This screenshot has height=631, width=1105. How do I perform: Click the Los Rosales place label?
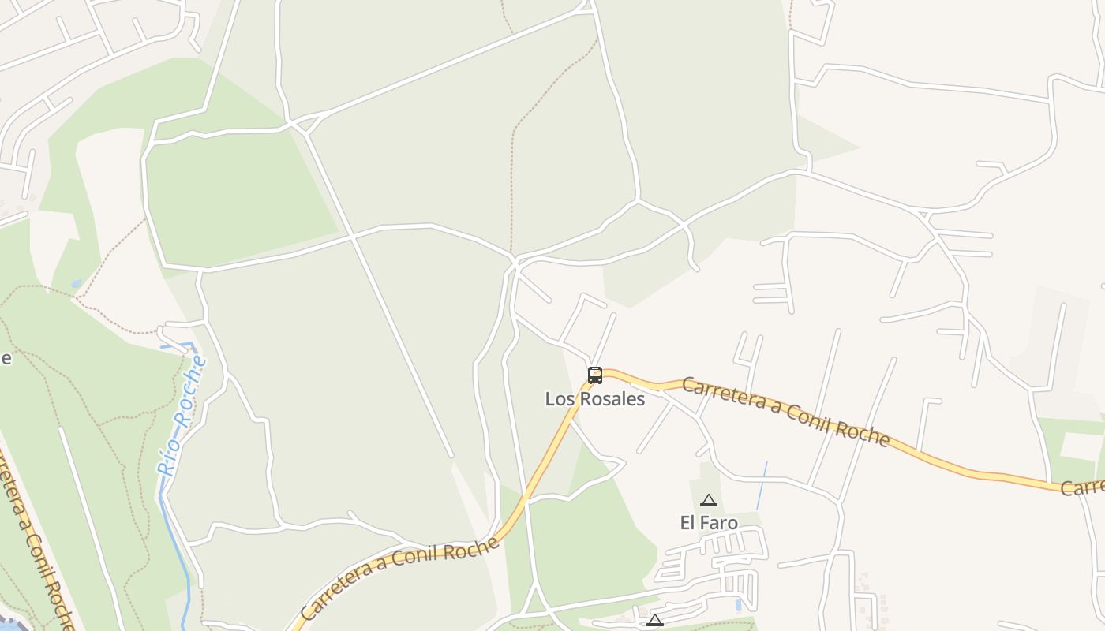click(594, 399)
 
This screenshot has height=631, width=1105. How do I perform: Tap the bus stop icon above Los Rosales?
click(595, 375)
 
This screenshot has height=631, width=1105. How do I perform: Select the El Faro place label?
click(709, 522)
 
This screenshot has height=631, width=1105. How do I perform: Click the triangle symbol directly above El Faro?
click(709, 500)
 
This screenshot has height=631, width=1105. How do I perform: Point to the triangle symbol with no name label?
click(655, 621)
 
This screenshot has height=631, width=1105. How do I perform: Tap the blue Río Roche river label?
click(182, 415)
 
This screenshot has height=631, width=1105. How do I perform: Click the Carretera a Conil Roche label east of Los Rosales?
click(785, 411)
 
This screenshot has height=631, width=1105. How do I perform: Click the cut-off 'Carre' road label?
click(1082, 487)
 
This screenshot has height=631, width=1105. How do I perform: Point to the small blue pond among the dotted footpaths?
click(76, 282)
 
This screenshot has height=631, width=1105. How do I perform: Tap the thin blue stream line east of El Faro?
click(762, 485)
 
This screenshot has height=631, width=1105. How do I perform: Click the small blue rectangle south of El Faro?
click(737, 606)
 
